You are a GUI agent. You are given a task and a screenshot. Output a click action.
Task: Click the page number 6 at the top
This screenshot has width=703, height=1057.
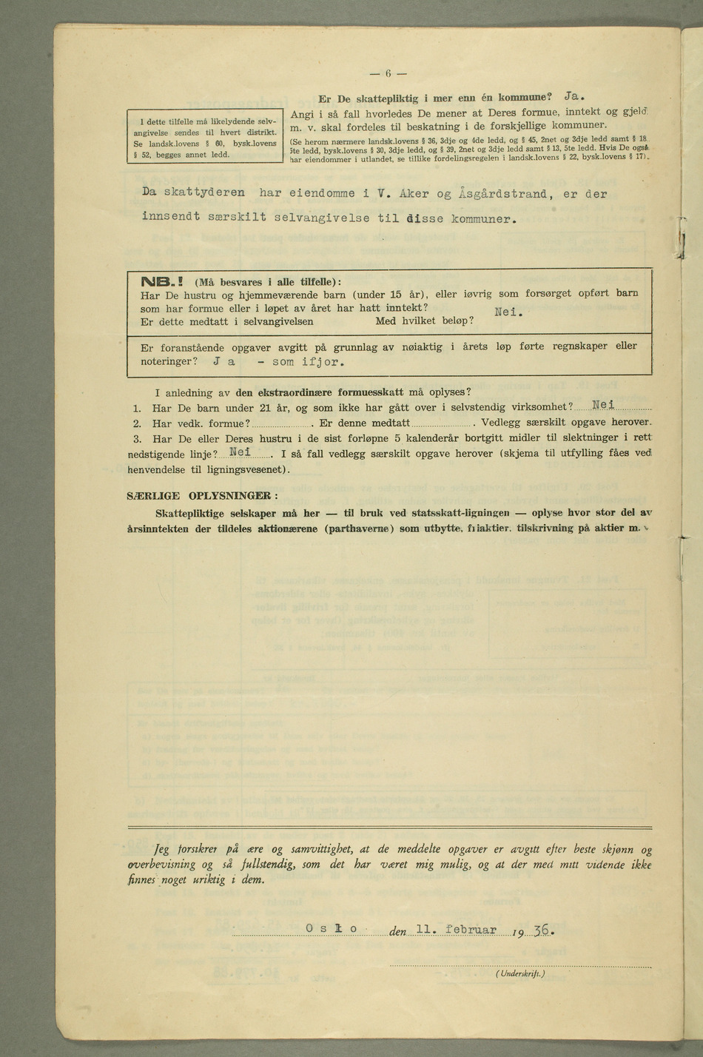(x=388, y=73)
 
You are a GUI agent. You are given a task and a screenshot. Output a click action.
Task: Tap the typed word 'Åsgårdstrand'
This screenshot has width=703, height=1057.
(x=503, y=194)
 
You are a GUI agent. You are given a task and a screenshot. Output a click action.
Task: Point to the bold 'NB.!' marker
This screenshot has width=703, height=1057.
(x=165, y=281)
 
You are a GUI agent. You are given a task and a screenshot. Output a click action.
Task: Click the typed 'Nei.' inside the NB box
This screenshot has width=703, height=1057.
(x=508, y=312)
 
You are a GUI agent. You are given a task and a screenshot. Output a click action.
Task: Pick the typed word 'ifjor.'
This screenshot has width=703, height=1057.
(x=319, y=362)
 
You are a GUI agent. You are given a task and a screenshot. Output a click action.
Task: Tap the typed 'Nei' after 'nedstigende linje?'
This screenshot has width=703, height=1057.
(x=242, y=452)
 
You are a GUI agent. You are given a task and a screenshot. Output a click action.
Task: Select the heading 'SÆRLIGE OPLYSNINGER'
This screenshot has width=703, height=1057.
(x=201, y=495)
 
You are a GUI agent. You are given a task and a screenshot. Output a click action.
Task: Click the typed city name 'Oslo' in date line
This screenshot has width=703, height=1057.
(x=331, y=929)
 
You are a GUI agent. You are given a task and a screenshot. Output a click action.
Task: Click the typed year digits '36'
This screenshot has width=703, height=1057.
(x=542, y=930)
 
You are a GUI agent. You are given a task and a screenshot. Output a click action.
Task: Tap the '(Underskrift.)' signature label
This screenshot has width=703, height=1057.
(x=520, y=974)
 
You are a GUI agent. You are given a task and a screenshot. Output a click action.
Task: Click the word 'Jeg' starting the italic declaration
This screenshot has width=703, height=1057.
(x=162, y=849)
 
